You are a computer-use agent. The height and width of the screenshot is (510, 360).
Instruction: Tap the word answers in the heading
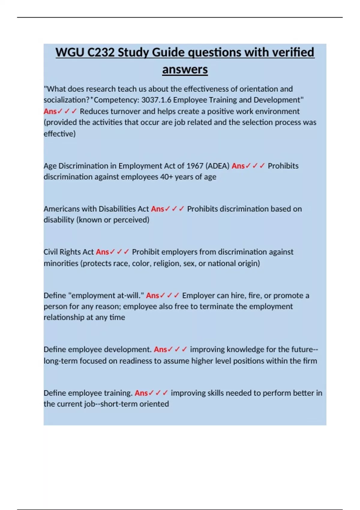pos(185,70)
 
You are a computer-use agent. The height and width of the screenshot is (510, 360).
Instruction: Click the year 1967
pos(195,166)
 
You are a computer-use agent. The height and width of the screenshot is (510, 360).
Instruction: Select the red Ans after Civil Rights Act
pos(102,252)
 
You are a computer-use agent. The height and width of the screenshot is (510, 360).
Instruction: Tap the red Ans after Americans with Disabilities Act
pos(157,209)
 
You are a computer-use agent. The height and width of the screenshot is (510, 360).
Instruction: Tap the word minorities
pos(61,263)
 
